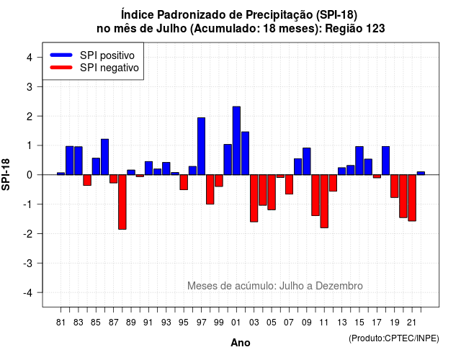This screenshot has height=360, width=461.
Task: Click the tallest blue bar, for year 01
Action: (236, 141)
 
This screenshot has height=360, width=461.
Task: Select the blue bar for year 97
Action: (202, 146)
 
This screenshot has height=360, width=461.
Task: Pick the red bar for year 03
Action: (254, 199)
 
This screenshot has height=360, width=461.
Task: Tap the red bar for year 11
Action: (324, 202)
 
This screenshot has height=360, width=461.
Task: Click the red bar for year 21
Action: (412, 198)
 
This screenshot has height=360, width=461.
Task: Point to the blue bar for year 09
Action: (307, 161)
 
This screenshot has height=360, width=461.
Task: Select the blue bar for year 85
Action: (96, 166)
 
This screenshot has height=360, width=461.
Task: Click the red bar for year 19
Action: (395, 186)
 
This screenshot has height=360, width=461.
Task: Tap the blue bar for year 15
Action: (359, 161)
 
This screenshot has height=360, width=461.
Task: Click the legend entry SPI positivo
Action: (107, 55)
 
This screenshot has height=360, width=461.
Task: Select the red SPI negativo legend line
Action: (61, 68)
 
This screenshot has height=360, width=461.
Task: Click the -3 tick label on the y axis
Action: (28, 264)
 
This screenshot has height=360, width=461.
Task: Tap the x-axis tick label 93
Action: (166, 323)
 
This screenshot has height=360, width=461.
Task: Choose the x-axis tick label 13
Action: (342, 323)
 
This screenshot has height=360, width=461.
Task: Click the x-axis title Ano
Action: (241, 343)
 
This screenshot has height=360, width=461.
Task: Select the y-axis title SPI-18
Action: (6, 174)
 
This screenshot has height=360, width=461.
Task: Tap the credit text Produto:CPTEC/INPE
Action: (394, 338)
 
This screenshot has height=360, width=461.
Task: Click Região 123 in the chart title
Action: (355, 29)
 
